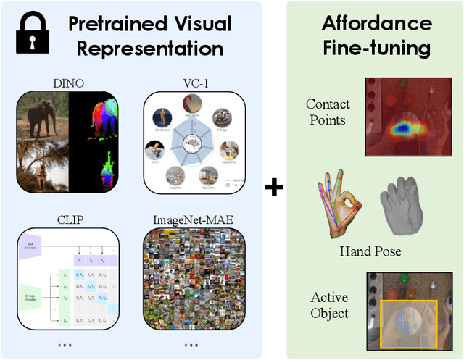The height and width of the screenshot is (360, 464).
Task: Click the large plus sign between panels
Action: tap(274, 187)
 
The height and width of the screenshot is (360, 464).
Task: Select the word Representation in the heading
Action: tap(150, 49)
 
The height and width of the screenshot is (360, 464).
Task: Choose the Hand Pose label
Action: tap(371, 251)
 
